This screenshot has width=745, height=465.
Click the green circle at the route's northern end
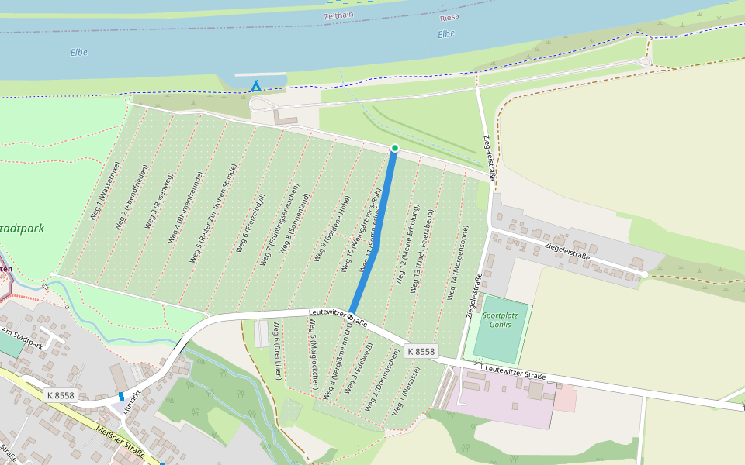(x=394, y=148)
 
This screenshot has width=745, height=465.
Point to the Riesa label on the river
(x=449, y=17)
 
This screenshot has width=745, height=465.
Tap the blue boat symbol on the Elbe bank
(x=255, y=85)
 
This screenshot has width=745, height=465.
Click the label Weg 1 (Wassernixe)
(x=106, y=191)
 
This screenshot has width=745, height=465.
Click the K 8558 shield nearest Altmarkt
(x=61, y=395)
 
